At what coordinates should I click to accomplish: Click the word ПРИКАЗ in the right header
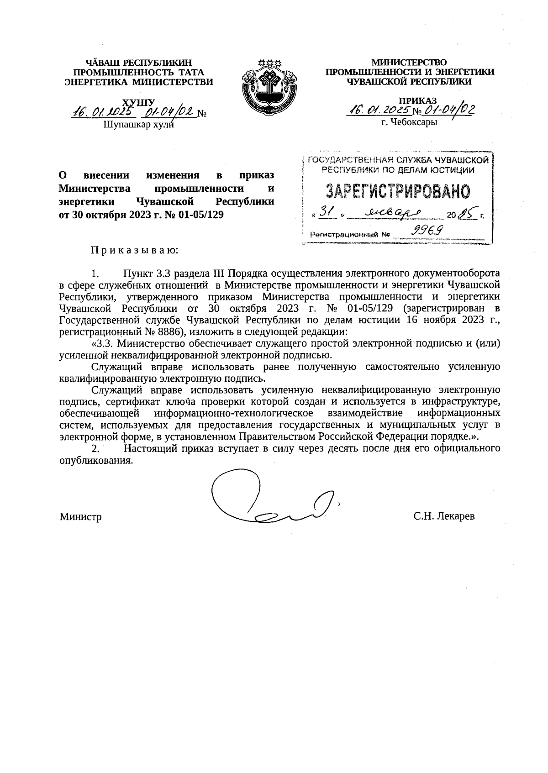(x=417, y=100)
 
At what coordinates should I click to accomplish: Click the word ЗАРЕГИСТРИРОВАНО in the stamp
(x=397, y=192)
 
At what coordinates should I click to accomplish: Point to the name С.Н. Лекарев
(x=444, y=516)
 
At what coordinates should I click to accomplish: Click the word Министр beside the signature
(x=80, y=517)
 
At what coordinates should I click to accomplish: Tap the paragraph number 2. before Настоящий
(x=95, y=448)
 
